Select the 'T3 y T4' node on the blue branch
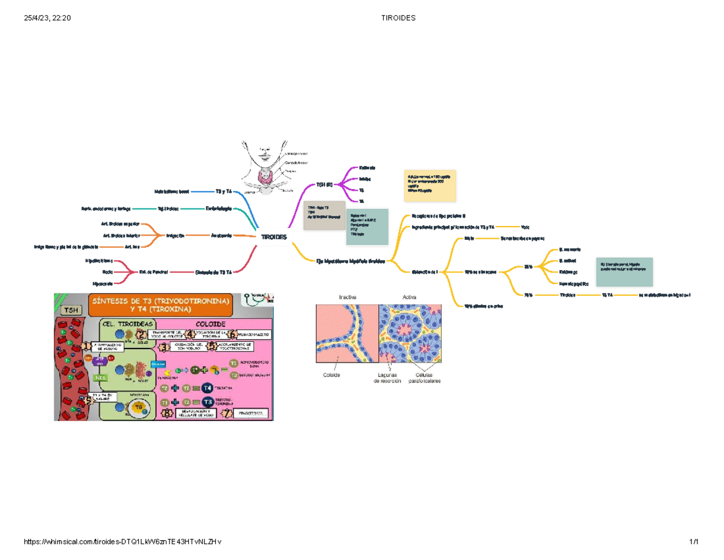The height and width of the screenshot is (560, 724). click(223, 191)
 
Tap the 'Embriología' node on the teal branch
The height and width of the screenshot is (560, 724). click(218, 209)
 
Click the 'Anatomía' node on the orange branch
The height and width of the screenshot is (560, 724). click(222, 235)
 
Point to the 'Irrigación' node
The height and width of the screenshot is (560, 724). click(176, 235)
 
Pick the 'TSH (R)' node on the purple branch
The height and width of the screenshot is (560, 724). click(325, 184)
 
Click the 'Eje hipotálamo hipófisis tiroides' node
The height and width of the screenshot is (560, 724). click(350, 261)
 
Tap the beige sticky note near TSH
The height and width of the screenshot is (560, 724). click(324, 216)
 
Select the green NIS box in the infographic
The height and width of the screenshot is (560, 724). click(102, 378)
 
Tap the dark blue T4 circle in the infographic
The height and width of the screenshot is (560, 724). click(207, 388)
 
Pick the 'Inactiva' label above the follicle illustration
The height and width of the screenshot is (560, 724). click(348, 297)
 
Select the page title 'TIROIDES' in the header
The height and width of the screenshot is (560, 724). click(398, 18)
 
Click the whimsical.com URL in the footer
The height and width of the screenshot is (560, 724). click(122, 542)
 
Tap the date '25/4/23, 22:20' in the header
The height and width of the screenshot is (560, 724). click(48, 18)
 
